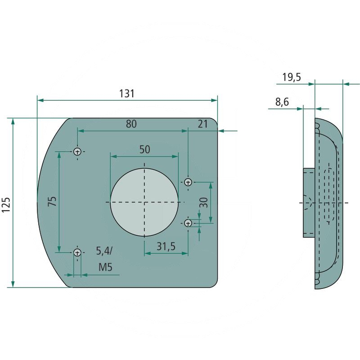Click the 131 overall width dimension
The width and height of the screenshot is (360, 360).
126,94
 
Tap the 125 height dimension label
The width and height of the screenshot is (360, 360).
6,205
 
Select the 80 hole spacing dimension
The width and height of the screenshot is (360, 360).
131,124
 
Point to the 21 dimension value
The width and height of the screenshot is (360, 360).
203,124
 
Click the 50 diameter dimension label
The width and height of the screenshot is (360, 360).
144,149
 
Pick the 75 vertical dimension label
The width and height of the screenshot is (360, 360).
52,201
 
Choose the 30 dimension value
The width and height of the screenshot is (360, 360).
204,202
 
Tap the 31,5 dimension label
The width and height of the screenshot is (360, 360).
166,246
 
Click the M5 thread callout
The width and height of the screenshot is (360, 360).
105,267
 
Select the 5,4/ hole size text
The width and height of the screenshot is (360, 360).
104,251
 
